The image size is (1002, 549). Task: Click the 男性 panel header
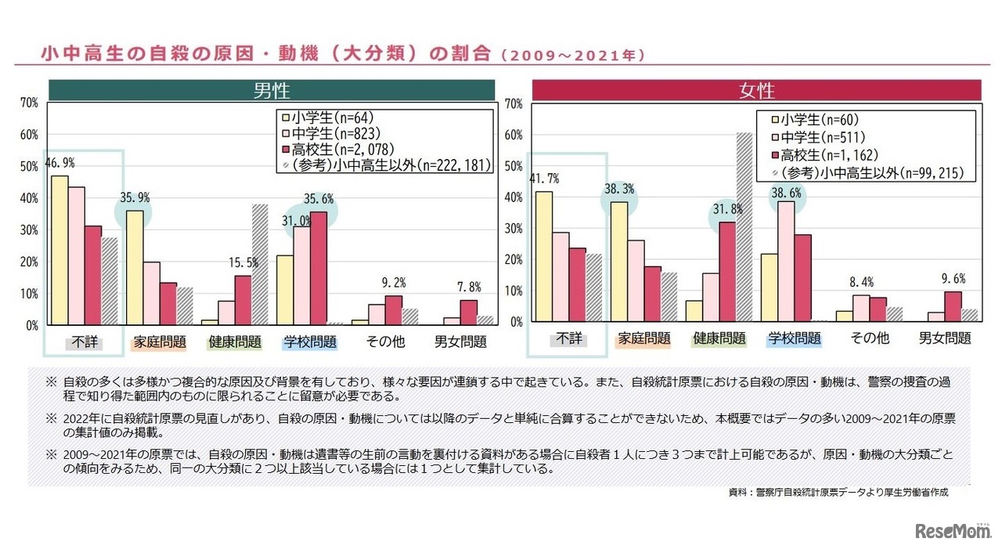tap(272, 90)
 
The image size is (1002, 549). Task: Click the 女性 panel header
tap(755, 90)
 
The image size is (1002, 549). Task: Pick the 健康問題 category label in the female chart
tap(719, 338)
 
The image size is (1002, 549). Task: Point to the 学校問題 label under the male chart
tap(310, 342)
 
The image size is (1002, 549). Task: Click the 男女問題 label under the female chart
tap(944, 338)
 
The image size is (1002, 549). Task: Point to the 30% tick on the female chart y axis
tap(514, 228)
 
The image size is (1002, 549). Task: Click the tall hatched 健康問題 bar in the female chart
tap(744, 227)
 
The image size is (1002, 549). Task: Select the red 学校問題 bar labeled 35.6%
tap(318, 268)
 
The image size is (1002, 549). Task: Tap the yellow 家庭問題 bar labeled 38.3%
tap(618, 262)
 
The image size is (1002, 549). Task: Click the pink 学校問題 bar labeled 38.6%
tap(785, 261)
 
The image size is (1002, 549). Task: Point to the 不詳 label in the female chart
tap(570, 338)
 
